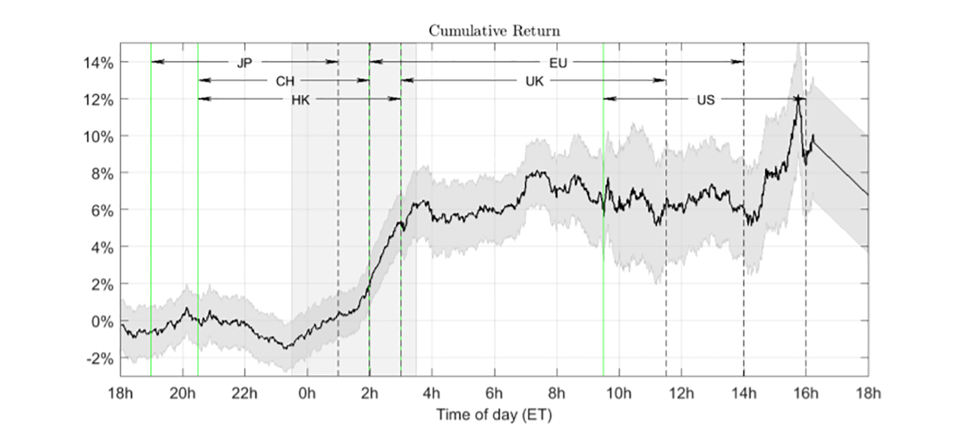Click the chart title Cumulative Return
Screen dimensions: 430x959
[x=494, y=31]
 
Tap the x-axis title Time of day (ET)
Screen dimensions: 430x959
[x=494, y=414]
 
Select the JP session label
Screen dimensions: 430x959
[x=244, y=62]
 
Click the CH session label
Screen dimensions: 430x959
[x=285, y=81]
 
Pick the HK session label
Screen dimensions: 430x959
[x=300, y=99]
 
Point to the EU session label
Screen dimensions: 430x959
[x=558, y=62]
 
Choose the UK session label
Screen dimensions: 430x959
[x=534, y=81]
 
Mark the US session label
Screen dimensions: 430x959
[x=705, y=99]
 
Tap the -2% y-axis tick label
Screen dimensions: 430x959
[x=100, y=359]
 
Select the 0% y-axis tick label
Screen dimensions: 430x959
[x=102, y=321]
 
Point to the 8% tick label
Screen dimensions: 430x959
[x=102, y=173]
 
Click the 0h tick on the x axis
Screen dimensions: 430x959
[x=307, y=393]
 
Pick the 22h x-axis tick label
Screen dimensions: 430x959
[x=244, y=393]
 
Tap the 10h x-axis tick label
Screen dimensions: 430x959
[x=619, y=393]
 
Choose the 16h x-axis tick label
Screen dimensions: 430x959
[x=806, y=393]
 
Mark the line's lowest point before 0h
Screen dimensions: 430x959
[x=285, y=348]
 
